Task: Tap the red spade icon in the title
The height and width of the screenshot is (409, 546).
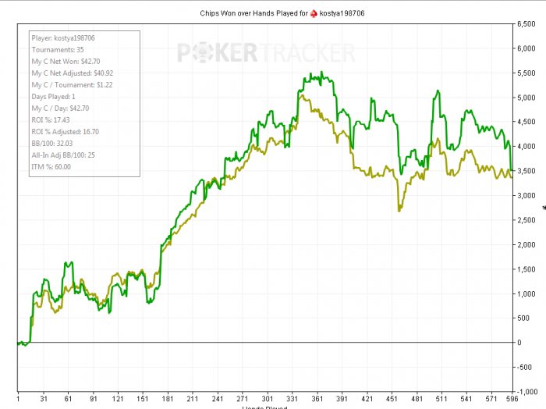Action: coord(314,12)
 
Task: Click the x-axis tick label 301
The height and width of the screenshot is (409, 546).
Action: coord(267,397)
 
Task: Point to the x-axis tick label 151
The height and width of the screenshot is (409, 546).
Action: coord(142,397)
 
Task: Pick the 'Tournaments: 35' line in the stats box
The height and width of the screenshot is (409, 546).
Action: coord(57,49)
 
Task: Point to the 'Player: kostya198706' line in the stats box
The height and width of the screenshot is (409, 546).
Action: coord(63,37)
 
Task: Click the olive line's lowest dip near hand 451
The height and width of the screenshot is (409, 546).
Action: coord(399,210)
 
